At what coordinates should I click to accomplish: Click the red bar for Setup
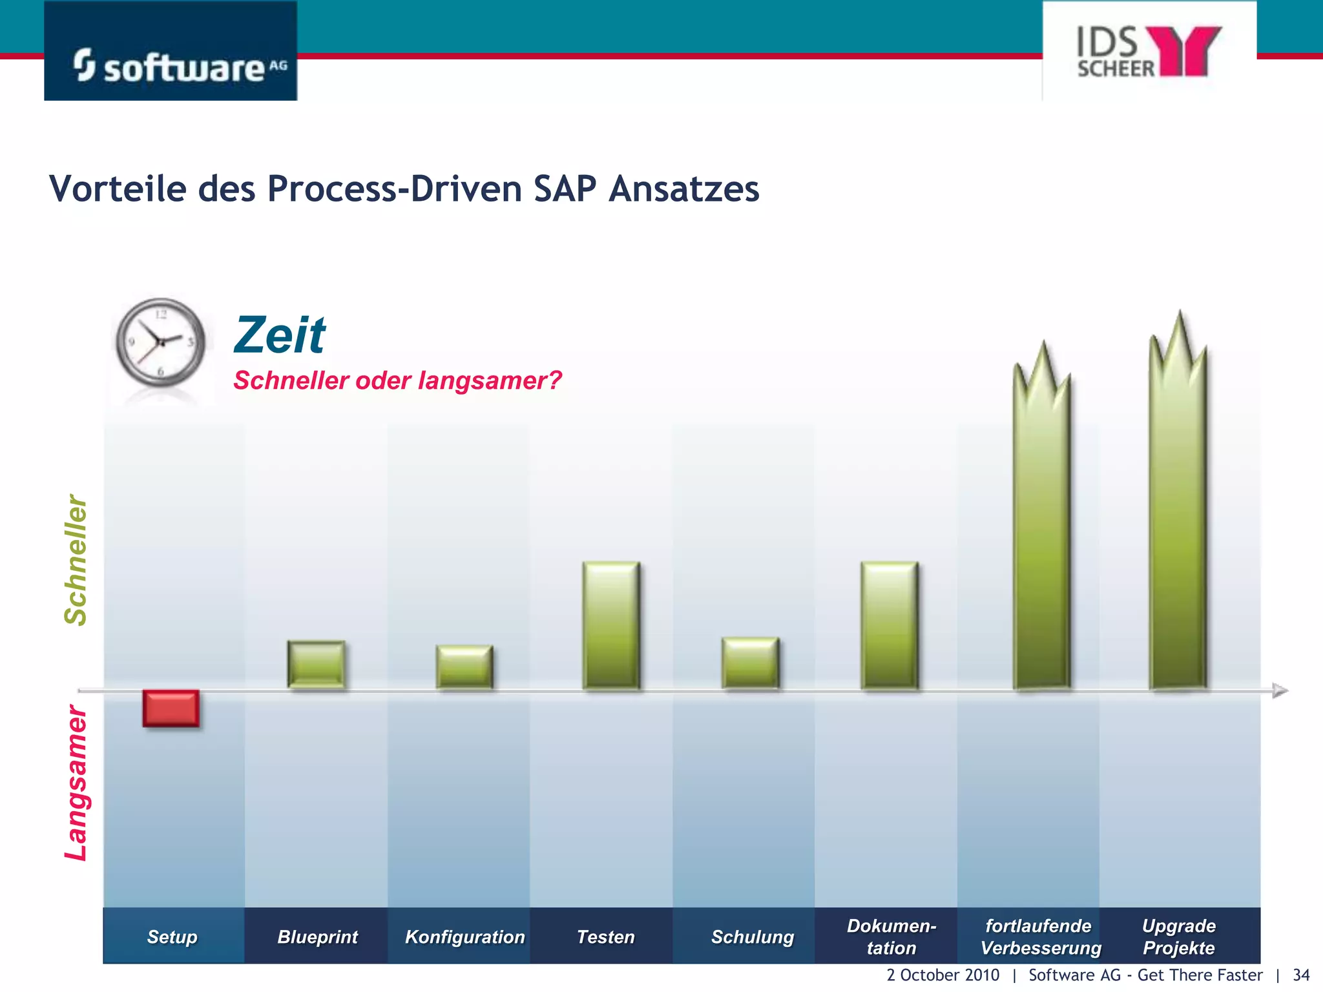point(171,708)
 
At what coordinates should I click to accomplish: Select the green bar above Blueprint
point(316,664)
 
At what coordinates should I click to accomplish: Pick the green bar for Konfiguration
point(464,666)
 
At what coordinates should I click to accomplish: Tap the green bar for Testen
point(611,625)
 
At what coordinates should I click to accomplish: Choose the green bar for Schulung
point(750,663)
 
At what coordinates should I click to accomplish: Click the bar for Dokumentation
point(889,625)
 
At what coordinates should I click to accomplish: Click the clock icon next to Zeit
point(160,342)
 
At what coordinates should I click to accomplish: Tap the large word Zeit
point(279,335)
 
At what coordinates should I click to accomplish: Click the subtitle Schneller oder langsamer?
point(397,380)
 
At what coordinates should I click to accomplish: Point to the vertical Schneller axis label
point(76,560)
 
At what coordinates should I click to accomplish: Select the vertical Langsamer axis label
point(76,783)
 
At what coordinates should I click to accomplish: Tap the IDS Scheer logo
point(1149,52)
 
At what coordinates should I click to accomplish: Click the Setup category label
point(172,936)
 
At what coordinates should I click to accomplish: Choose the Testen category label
point(605,936)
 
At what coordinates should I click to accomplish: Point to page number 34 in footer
point(1301,975)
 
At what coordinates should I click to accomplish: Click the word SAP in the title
point(565,189)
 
